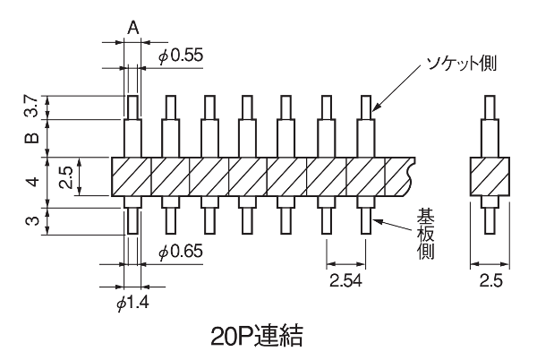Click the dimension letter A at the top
point(132,27)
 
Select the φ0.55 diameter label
point(181,56)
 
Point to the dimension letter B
point(32,138)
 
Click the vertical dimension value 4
point(32,181)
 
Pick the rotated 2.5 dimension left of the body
point(66,176)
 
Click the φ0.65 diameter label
point(181,252)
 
